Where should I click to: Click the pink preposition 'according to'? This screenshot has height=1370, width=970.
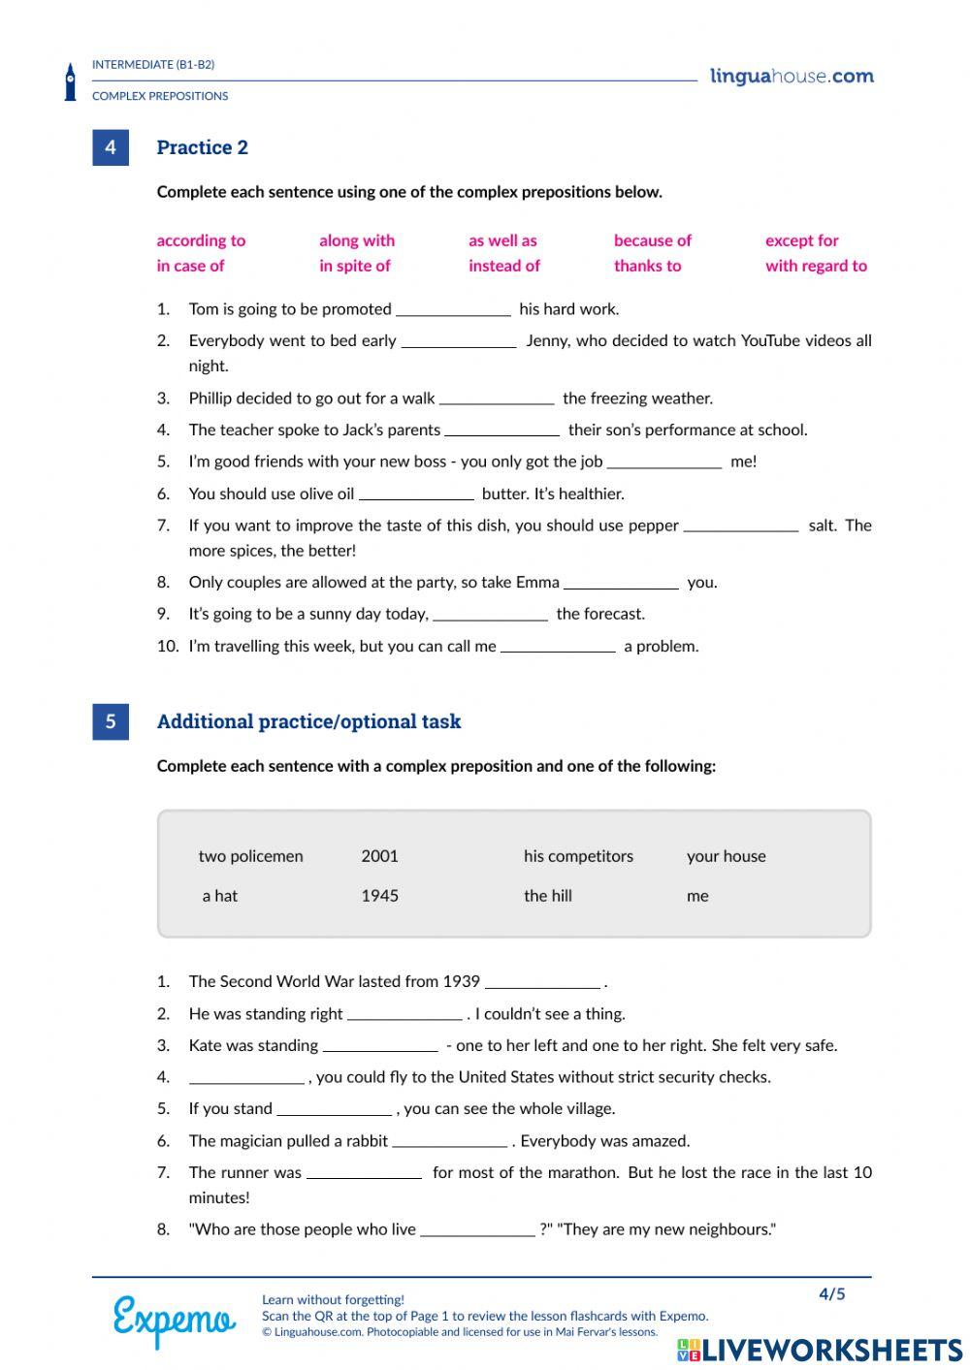(201, 240)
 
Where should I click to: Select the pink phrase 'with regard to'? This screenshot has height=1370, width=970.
(816, 266)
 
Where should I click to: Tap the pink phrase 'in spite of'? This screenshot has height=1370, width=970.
(354, 266)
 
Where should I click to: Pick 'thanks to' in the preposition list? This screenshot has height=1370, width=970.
(647, 266)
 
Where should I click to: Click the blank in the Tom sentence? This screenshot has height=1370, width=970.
(453, 309)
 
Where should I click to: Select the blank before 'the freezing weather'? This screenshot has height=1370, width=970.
(497, 398)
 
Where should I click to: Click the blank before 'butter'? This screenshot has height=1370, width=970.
(416, 494)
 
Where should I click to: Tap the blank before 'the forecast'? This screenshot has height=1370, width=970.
(490, 614)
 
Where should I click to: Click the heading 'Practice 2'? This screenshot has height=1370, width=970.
(202, 147)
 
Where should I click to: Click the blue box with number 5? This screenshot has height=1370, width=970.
(111, 721)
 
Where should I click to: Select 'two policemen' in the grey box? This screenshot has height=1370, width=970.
(250, 856)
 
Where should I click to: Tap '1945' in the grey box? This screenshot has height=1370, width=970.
(379, 896)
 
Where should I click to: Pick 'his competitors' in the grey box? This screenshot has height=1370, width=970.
(578, 856)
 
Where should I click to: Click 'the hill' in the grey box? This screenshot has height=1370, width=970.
(547, 896)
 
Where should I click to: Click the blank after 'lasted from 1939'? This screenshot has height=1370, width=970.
(542, 982)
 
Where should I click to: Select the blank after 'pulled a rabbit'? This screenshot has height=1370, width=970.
(449, 1141)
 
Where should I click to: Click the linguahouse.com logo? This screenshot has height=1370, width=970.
(792, 77)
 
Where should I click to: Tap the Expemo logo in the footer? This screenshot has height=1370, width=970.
(174, 1320)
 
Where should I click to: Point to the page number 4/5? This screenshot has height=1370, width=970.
(831, 1294)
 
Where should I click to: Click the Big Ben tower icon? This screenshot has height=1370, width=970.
(70, 82)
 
